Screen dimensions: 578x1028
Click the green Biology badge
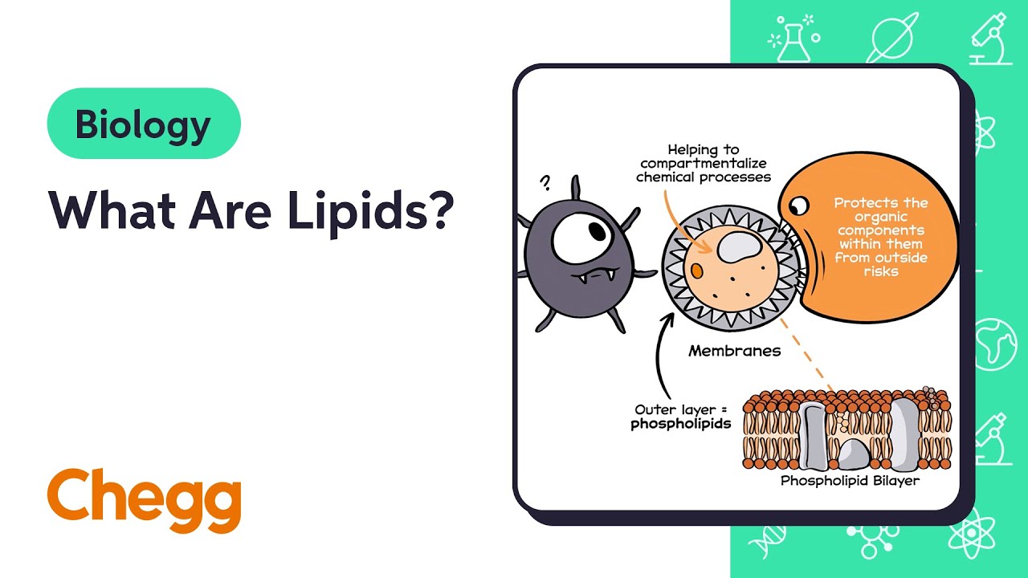(x=144, y=124)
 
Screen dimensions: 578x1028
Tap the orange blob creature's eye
(x=800, y=207)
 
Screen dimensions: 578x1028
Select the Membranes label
(x=734, y=351)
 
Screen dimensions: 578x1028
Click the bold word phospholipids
(x=680, y=423)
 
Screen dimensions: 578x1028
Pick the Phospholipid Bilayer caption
(x=850, y=481)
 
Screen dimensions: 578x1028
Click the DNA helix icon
(x=768, y=543)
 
